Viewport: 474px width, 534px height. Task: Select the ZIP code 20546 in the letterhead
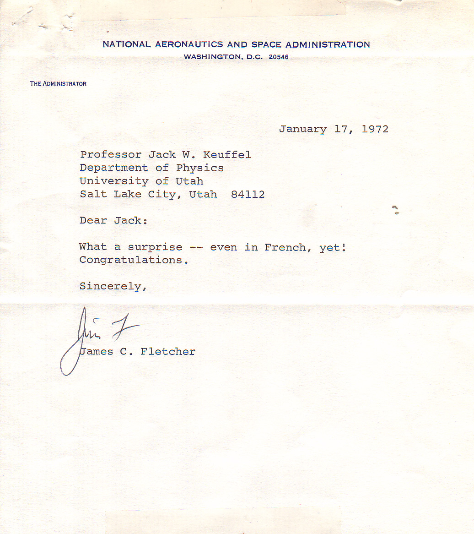pyautogui.click(x=279, y=57)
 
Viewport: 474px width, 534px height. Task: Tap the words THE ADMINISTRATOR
pyautogui.click(x=58, y=84)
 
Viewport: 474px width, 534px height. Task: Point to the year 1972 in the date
pyautogui.click(x=375, y=129)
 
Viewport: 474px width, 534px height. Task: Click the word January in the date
pyautogui.click(x=303, y=129)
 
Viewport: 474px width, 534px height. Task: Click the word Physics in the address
pyautogui.click(x=200, y=168)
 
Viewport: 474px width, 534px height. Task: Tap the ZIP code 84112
pyautogui.click(x=248, y=194)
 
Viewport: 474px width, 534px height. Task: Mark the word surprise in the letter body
pyautogui.click(x=155, y=247)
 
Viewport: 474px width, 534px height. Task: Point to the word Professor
pyautogui.click(x=111, y=155)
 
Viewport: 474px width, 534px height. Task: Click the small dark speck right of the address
pyautogui.click(x=395, y=210)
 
